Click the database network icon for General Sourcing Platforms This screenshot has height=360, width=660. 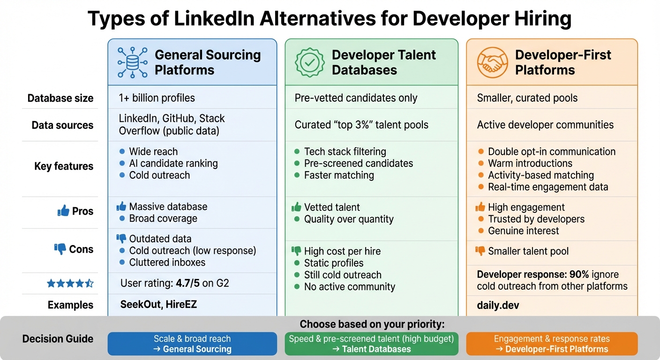132,62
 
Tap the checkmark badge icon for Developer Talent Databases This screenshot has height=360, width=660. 309,62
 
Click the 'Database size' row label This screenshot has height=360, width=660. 60,98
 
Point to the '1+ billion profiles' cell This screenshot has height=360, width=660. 157,98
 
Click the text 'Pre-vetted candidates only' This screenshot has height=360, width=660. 356,98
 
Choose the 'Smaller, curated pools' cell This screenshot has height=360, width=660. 527,98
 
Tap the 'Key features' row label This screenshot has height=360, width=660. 64,166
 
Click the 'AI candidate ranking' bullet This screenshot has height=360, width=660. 173,164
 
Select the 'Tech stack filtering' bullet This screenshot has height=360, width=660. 345,152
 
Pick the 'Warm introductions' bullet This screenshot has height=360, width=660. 530,164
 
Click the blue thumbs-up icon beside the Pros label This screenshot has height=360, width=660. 63,211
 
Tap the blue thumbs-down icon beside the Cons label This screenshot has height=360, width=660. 60,249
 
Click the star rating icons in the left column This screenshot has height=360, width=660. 70,283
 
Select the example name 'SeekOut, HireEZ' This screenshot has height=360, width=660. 158,305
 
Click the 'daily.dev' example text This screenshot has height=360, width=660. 498,306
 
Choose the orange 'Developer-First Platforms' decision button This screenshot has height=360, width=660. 552,344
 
